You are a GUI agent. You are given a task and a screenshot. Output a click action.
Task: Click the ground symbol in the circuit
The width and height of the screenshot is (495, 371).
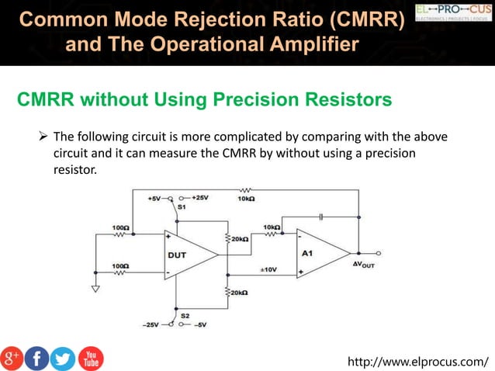[95, 290]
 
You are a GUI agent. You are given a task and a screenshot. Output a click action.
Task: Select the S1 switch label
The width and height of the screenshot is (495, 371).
[182, 208]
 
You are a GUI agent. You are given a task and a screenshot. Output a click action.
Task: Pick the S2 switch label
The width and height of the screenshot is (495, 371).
[185, 315]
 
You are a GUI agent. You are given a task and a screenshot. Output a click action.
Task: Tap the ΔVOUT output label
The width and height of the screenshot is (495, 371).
[364, 265]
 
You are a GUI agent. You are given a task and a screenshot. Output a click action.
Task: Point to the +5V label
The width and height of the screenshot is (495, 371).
[154, 198]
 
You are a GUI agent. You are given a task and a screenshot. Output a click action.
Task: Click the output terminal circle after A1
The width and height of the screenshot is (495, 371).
[378, 253]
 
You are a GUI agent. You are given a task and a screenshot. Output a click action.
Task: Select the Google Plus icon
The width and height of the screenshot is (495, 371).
[12, 358]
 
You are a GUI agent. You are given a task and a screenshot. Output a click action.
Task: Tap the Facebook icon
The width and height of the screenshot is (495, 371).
[36, 358]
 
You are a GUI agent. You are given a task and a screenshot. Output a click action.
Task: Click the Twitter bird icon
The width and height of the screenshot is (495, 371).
[63, 358]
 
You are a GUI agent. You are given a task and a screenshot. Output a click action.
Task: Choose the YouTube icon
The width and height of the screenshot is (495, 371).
[90, 358]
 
